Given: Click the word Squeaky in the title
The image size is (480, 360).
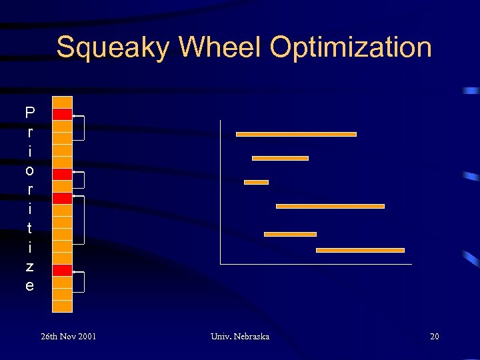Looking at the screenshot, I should [x=112, y=48].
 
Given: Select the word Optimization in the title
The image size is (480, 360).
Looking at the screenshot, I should [x=351, y=48].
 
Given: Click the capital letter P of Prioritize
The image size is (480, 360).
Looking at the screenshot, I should [x=29, y=112].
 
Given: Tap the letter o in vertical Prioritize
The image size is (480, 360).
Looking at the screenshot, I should [x=29, y=170].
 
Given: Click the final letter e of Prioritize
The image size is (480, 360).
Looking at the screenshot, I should [x=29, y=286].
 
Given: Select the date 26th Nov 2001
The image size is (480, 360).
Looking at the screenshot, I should [x=68, y=337].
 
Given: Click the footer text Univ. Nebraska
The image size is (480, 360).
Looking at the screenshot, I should [x=239, y=337].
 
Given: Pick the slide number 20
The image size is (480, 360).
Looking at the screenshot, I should [x=434, y=337].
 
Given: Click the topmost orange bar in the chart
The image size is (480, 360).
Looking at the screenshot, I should [x=296, y=134].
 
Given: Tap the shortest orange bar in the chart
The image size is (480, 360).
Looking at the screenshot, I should [x=256, y=182].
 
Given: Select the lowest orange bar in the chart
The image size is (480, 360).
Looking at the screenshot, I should [x=360, y=250].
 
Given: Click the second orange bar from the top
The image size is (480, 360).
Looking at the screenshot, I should [x=280, y=158].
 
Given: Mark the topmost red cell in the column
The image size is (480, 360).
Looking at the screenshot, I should [x=62, y=114].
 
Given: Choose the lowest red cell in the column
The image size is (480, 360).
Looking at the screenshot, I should [x=62, y=270].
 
